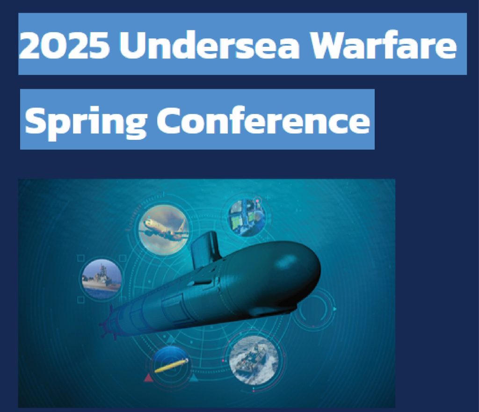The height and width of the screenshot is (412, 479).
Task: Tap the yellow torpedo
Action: coord(172,365)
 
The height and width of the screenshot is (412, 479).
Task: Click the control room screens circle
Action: coord(247,217)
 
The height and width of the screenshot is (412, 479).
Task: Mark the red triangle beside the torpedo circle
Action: coord(148,378)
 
